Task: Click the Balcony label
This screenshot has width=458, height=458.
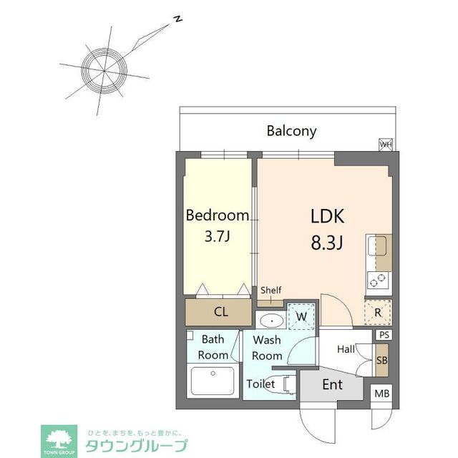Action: click(291, 131)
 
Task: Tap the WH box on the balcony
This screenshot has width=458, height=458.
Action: click(386, 145)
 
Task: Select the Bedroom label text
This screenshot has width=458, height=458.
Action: click(218, 215)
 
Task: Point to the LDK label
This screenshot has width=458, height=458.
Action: click(327, 216)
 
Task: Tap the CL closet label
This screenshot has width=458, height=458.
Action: click(220, 311)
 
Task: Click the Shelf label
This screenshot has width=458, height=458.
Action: click(271, 291)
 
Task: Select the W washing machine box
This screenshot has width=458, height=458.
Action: click(301, 316)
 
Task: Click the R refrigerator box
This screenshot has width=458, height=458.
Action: click(378, 312)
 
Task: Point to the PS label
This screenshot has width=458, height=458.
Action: click(384, 335)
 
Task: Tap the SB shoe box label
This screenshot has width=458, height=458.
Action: click(382, 361)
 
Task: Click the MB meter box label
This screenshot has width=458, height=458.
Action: click(382, 394)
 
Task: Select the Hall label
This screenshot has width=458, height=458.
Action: click(346, 349)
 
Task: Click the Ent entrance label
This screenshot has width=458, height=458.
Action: click(332, 385)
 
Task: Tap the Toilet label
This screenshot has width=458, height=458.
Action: click(260, 384)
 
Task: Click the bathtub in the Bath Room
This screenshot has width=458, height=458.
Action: click(213, 381)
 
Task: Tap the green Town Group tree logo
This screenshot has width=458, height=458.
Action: click(59, 438)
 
